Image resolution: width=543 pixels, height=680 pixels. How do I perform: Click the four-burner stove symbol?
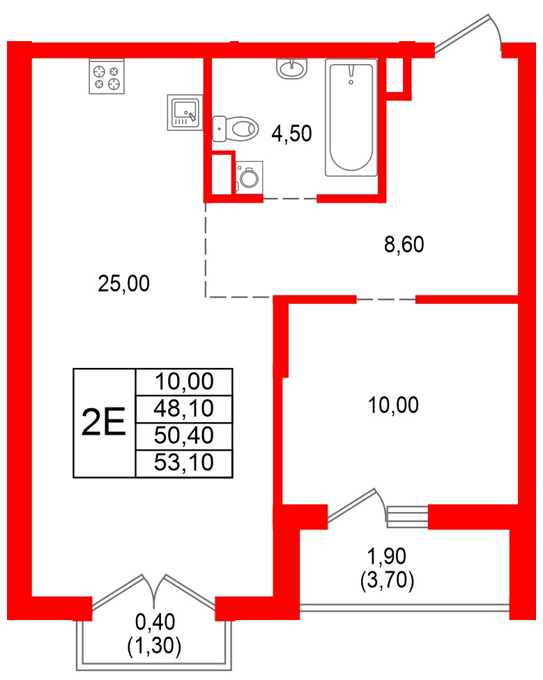[107, 76]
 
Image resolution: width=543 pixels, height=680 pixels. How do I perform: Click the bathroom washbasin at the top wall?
[291, 68]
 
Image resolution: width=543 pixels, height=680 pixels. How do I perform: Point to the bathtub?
[351, 116]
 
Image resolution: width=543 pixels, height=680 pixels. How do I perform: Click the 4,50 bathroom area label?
[291, 134]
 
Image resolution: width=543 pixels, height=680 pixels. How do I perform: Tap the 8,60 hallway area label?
[404, 245]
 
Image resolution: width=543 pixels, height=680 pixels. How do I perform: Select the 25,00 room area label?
[123, 283]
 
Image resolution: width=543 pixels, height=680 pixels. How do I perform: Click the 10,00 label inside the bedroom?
[394, 405]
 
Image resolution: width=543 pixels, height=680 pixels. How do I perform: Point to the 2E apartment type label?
[104, 423]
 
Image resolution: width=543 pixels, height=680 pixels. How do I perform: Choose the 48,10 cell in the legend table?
[183, 409]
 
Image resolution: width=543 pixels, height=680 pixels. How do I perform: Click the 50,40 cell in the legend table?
[183, 436]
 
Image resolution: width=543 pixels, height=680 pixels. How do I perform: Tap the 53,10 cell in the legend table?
[183, 463]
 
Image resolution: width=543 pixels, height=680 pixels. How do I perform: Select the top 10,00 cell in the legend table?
[183, 382]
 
